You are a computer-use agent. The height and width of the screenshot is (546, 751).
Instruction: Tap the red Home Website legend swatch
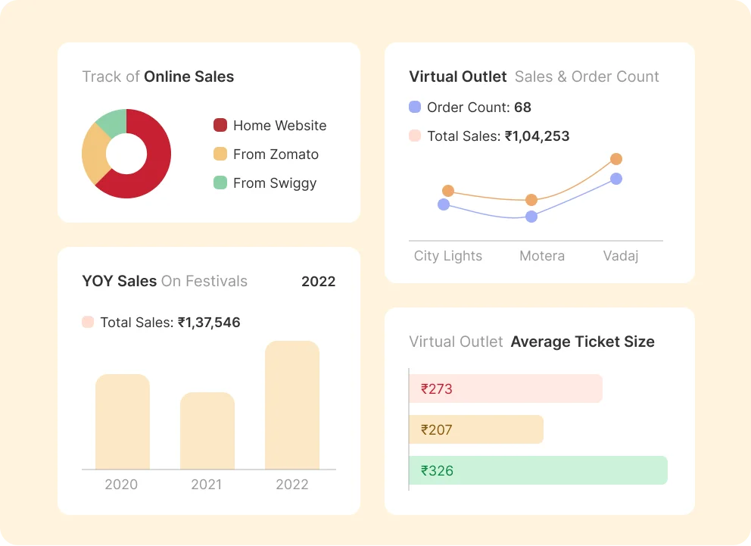tap(220, 126)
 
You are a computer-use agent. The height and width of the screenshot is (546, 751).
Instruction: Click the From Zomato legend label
tap(276, 154)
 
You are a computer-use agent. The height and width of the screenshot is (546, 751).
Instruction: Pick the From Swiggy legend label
tap(275, 183)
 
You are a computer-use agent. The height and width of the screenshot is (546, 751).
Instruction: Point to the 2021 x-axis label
tap(207, 485)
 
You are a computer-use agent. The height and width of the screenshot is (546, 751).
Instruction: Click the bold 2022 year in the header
tap(318, 282)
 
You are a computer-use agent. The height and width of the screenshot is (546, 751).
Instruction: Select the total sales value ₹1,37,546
tap(209, 323)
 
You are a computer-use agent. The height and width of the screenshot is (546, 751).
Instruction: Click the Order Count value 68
tap(522, 108)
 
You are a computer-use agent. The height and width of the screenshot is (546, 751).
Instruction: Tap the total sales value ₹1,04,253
tap(537, 136)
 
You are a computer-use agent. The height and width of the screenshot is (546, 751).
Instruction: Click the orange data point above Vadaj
tap(616, 159)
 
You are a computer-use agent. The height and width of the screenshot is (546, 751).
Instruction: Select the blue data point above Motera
tap(531, 217)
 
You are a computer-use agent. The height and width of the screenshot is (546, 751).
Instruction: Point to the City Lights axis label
tap(448, 256)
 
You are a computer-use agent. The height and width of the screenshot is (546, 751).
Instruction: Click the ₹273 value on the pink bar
tap(437, 389)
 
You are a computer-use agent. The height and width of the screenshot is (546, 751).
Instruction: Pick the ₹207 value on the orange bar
tap(437, 430)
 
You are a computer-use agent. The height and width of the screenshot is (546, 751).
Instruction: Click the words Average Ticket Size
tap(582, 342)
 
